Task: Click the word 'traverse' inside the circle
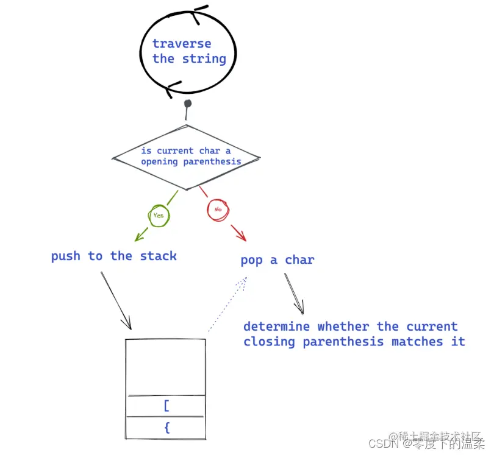[181, 44]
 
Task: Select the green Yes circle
[159, 215]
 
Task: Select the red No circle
[217, 210]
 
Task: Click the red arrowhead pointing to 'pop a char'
[240, 236]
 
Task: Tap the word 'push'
[66, 256]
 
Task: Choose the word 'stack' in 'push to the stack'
[158, 256]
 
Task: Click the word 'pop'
[251, 261]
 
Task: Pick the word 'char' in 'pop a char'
[299, 260]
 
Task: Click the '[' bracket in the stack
[166, 406]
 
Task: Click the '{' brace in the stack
[166, 428]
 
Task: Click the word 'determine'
[276, 326]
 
